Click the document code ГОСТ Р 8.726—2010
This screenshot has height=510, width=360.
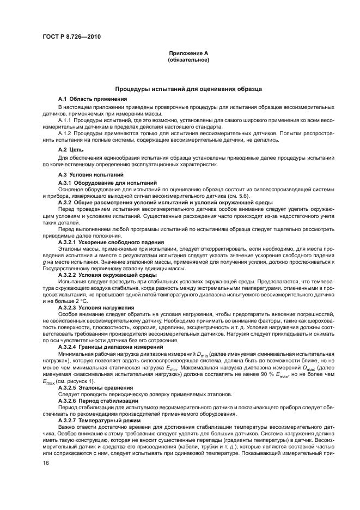pyautogui.click(x=71, y=37)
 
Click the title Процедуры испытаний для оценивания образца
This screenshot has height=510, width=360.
pyautogui.click(x=188, y=88)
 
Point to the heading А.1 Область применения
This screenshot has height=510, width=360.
pyautogui.click(x=93, y=99)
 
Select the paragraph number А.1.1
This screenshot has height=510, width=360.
pyautogui.click(x=65, y=119)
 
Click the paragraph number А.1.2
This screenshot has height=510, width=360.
pyautogui.click(x=65, y=132)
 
